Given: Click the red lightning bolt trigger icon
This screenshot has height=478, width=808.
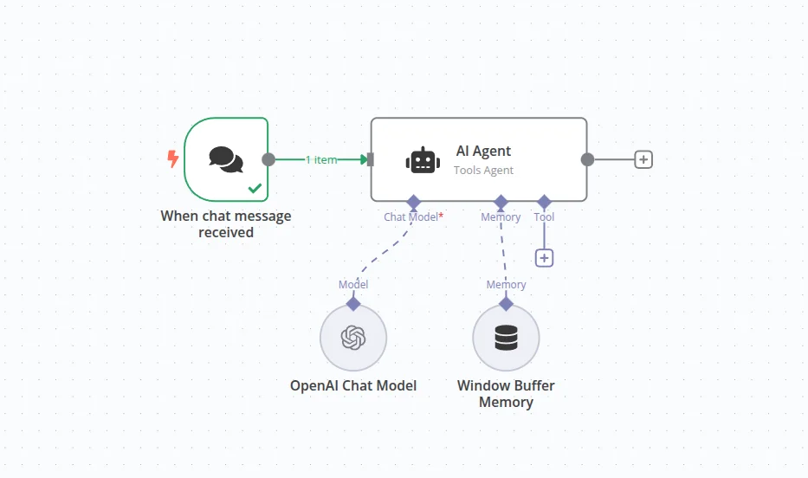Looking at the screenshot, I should point(172,159).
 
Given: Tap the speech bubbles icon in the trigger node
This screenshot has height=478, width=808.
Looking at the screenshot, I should point(226,159).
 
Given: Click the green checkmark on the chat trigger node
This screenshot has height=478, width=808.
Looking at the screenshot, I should point(255,187).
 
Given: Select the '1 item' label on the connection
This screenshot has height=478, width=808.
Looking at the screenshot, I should point(320,159).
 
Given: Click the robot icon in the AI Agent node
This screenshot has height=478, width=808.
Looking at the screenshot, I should point(423,160).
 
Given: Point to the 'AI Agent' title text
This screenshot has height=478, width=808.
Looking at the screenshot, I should point(483,151).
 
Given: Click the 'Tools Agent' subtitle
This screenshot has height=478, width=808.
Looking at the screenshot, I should point(483,171).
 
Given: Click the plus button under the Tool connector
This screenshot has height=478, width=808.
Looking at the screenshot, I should point(544,257).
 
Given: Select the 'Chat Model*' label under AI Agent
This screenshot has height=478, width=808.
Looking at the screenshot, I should point(413,217).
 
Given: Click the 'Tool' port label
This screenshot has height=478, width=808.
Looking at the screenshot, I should point(544,217).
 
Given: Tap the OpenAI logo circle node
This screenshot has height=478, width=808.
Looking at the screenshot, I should point(352,337).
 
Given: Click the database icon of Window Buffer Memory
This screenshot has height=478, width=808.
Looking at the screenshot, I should point(506,337).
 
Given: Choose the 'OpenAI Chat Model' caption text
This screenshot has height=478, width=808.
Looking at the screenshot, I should point(352,385).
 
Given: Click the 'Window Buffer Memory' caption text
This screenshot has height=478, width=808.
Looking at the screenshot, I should point(506,394).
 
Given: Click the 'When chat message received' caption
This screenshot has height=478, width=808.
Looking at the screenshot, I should point(226,223).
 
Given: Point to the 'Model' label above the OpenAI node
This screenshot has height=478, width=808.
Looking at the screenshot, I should point(352,285).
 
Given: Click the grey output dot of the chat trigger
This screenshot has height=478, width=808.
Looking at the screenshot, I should point(268,159).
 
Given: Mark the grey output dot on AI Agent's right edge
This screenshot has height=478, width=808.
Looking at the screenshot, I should point(587,159).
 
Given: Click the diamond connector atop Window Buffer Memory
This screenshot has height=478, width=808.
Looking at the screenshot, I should point(506,304).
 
